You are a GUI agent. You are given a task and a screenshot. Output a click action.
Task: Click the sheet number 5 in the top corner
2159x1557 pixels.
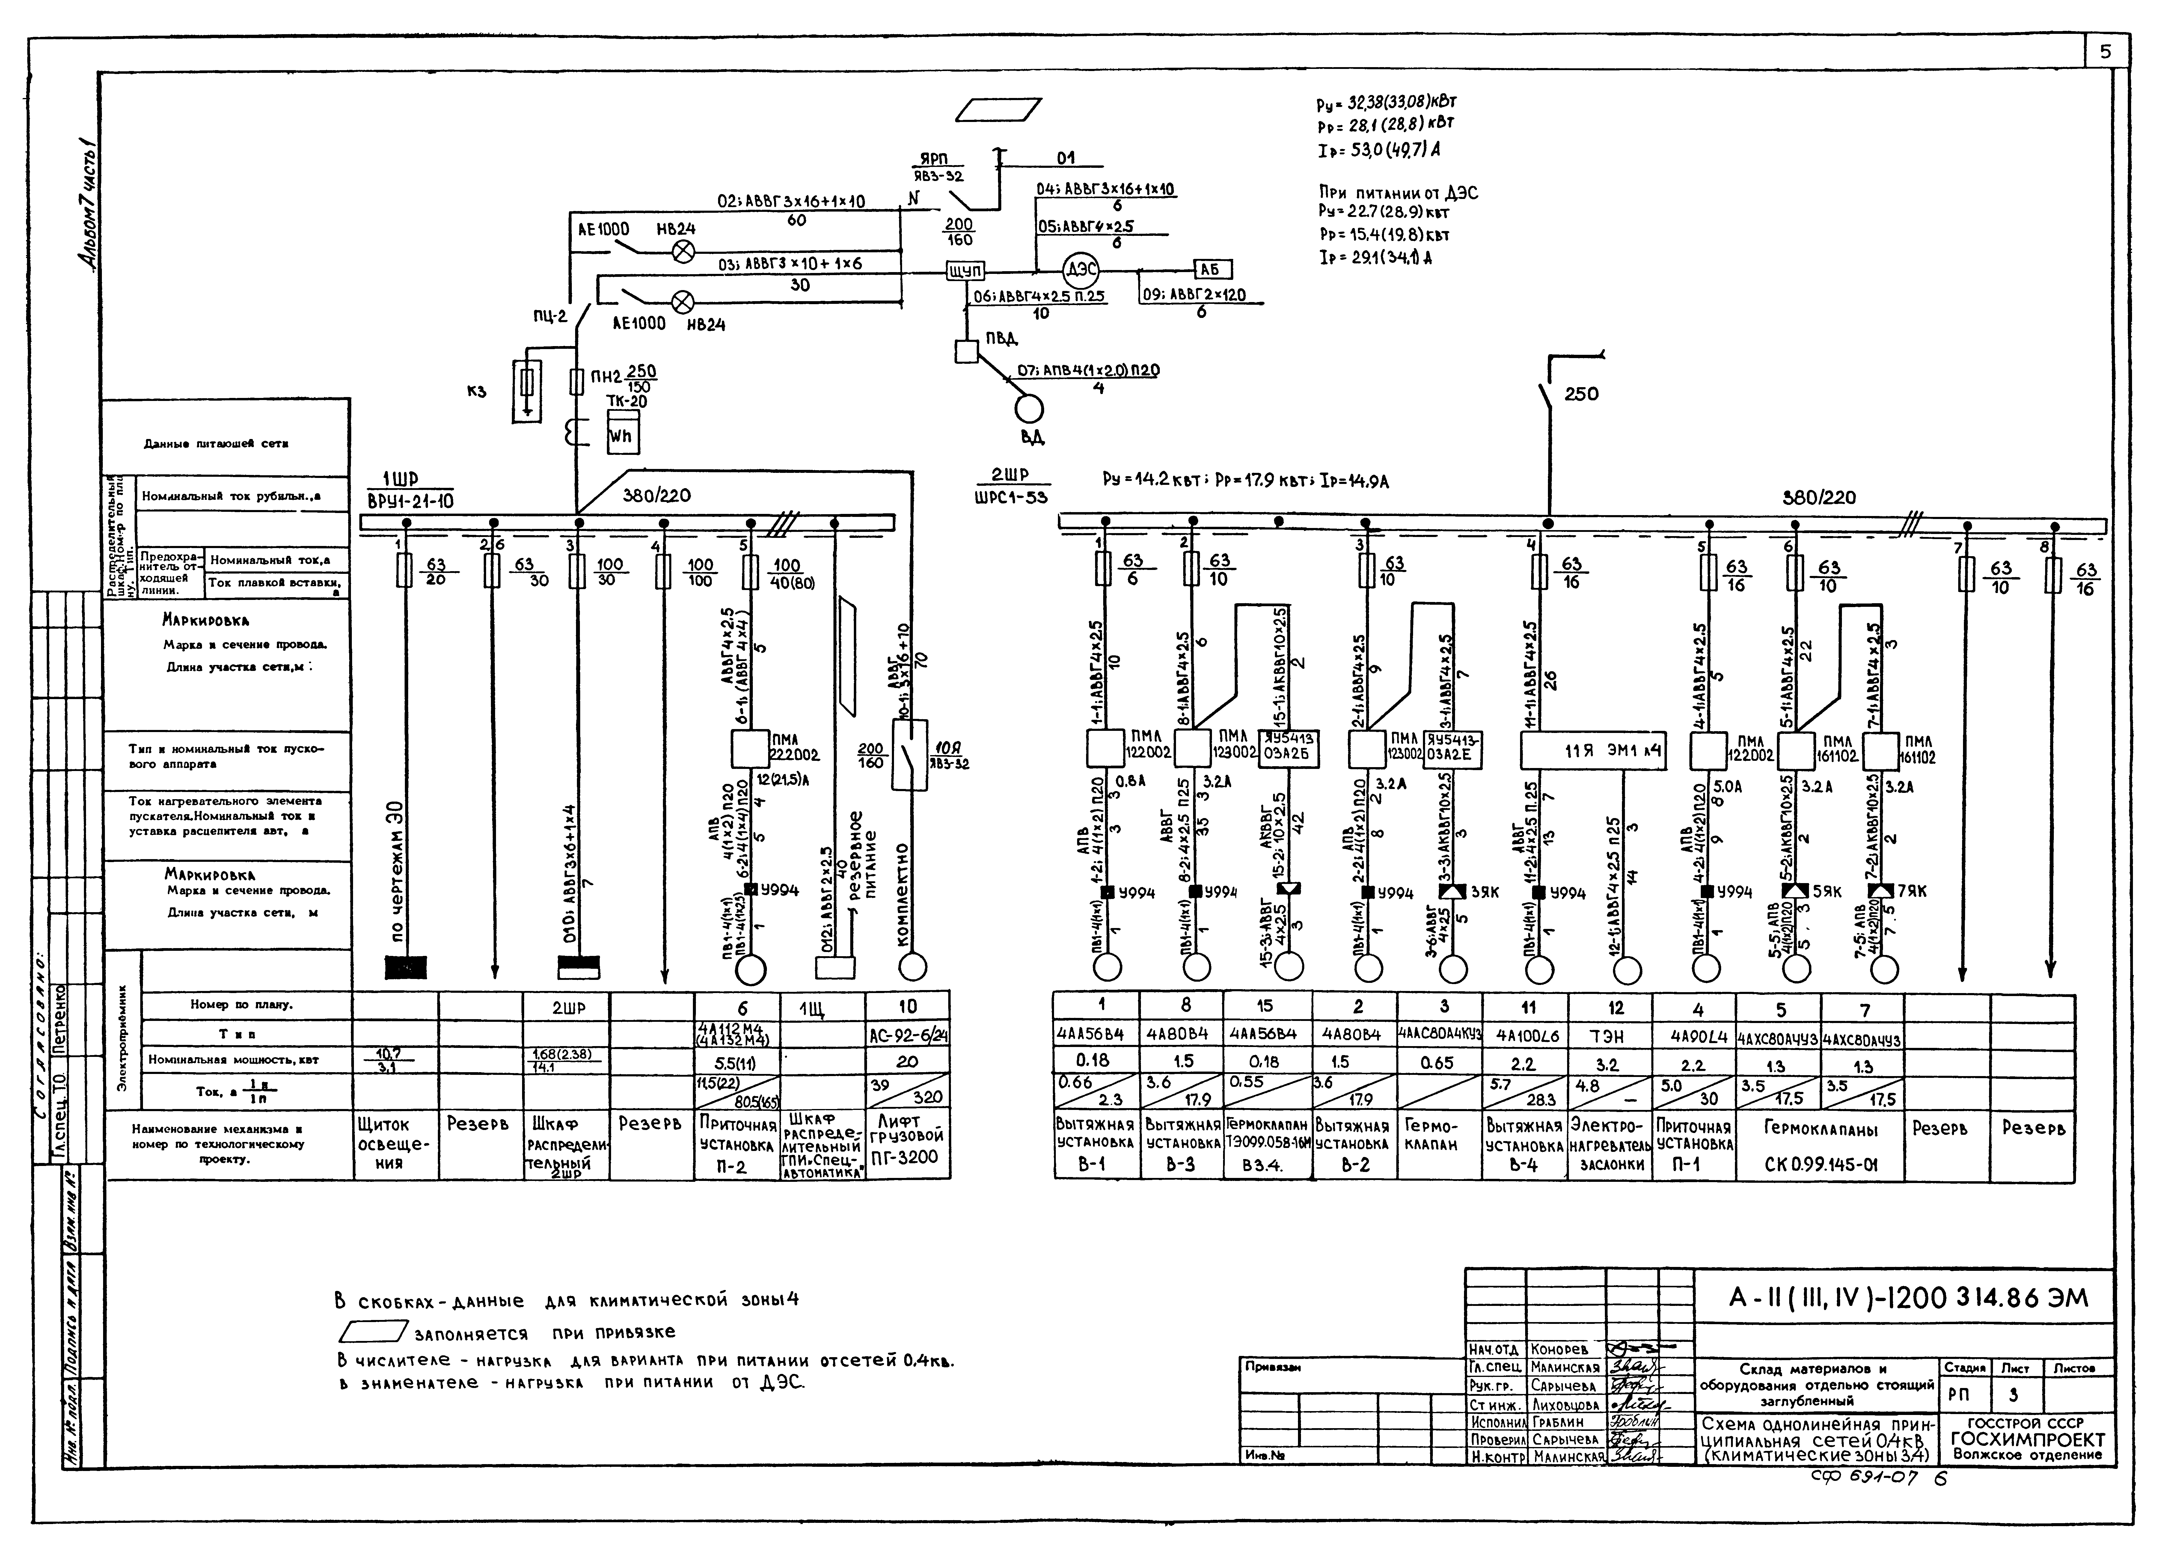[2105, 52]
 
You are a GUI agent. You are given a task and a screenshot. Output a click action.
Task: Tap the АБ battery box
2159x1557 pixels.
[1212, 269]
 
